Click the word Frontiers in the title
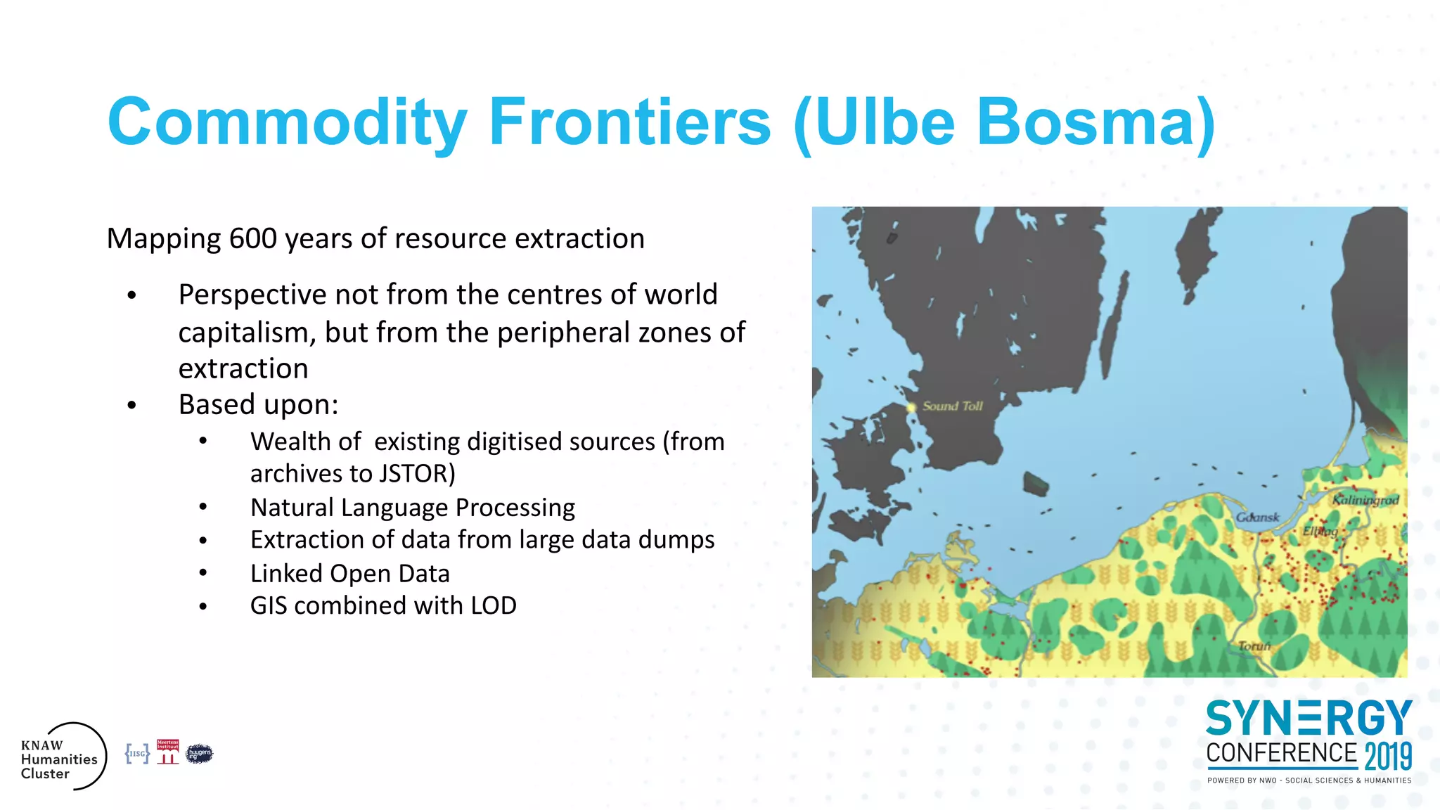630,122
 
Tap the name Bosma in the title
1086,122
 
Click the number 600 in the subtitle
253,239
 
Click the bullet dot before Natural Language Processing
203,507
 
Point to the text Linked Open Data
349,574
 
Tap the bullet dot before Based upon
131,405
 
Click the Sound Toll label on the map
952,406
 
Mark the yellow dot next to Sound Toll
911,407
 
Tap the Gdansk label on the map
1257,517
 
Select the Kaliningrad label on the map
1365,500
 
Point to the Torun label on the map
1254,645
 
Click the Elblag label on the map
1320,531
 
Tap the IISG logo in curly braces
137,754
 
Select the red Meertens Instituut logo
167,752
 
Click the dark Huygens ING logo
199,754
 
